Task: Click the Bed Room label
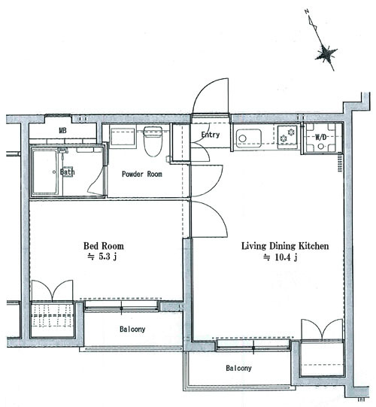coord(104,246)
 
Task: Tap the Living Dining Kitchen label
coord(285,246)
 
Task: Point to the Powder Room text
coord(142,174)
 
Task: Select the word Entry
coord(211,135)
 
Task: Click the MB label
coord(62,130)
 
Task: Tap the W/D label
coord(321,137)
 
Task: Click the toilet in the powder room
coord(153,141)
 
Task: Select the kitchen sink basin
coord(249,138)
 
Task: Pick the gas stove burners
coord(287,135)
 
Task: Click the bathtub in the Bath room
coord(45,172)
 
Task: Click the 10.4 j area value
coord(280,257)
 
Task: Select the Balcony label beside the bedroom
coord(132,329)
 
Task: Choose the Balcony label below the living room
coord(238,368)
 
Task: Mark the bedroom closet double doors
coord(52,290)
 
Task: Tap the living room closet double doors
coord(322,329)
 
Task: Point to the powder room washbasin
coord(123,136)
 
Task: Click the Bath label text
coord(67,172)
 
